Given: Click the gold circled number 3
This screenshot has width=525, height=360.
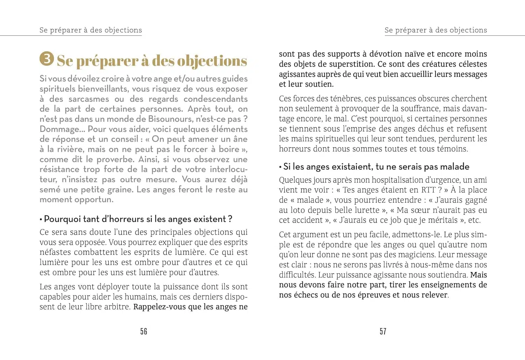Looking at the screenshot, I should pos(47,59).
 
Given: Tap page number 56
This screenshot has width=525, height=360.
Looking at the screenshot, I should pos(143,331).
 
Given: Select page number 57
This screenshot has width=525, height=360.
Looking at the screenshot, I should pos(383,331).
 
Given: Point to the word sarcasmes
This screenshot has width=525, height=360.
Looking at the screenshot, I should pos(89,99).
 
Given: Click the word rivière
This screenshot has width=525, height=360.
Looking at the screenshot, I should pos(70,149).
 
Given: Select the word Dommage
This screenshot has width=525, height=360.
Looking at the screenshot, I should pos(59,129).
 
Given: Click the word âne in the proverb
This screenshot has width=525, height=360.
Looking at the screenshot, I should pos(240,139).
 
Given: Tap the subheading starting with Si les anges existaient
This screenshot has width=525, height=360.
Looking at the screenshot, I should pos(376,167).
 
